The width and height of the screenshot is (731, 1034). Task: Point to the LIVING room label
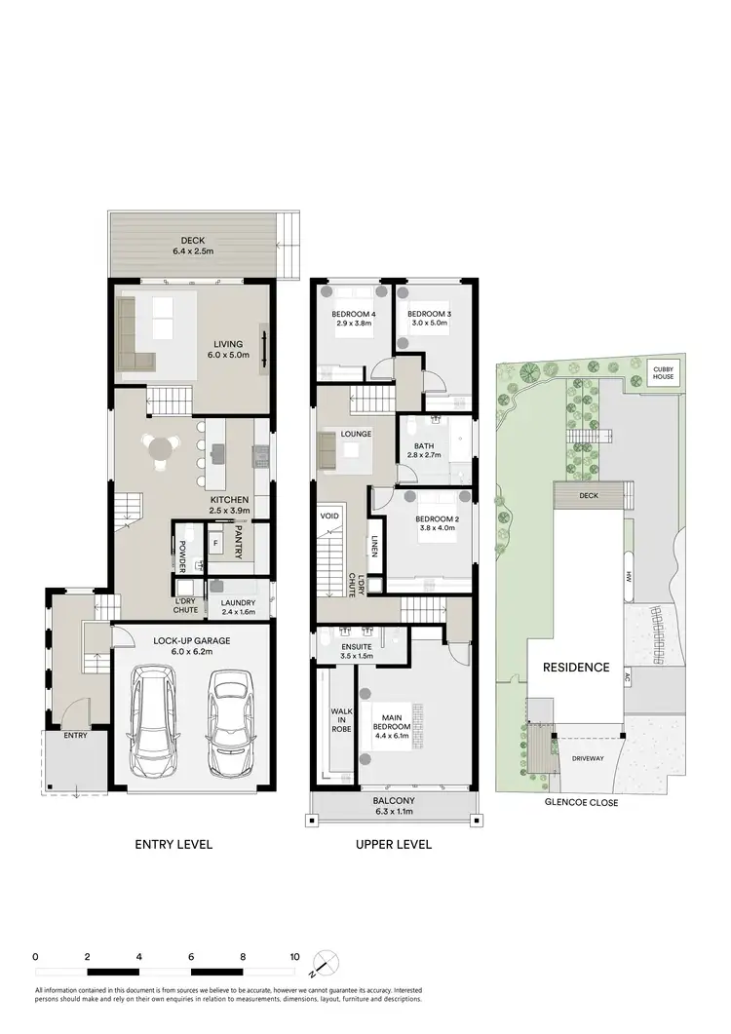tap(228, 350)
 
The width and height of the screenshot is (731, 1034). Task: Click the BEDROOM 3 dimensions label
tap(427, 323)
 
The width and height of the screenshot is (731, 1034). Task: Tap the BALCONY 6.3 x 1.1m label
tap(395, 805)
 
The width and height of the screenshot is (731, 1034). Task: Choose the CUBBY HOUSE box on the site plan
tap(667, 371)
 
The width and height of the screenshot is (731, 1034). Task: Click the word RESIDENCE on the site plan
tap(576, 668)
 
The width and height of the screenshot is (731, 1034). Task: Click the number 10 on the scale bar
tap(294, 957)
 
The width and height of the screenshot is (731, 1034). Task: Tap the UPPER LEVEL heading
tap(394, 844)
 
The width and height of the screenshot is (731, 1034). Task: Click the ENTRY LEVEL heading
tap(174, 844)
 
